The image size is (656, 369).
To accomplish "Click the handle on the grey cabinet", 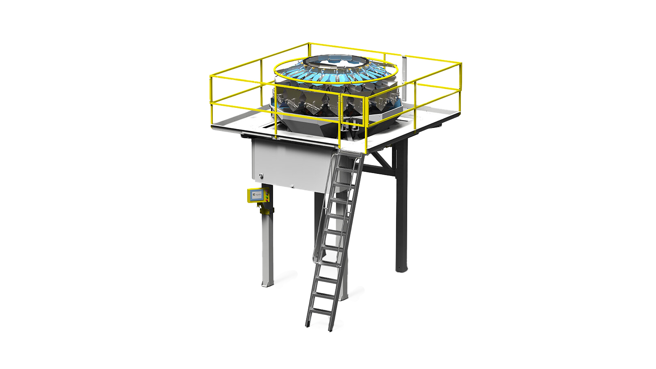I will pyautogui.click(x=260, y=176).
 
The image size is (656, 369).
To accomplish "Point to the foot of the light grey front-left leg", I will pyautogui.click(x=267, y=282).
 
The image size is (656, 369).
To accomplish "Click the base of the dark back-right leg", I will pyautogui.click(x=401, y=268).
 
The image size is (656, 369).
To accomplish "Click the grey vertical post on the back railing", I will pyautogui.click(x=404, y=66).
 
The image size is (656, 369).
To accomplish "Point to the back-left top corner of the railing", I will pyautogui.click(x=309, y=43).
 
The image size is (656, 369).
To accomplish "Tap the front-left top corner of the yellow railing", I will pyautogui.click(x=210, y=76).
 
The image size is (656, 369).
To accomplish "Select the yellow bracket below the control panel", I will pyautogui.click(x=266, y=210).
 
